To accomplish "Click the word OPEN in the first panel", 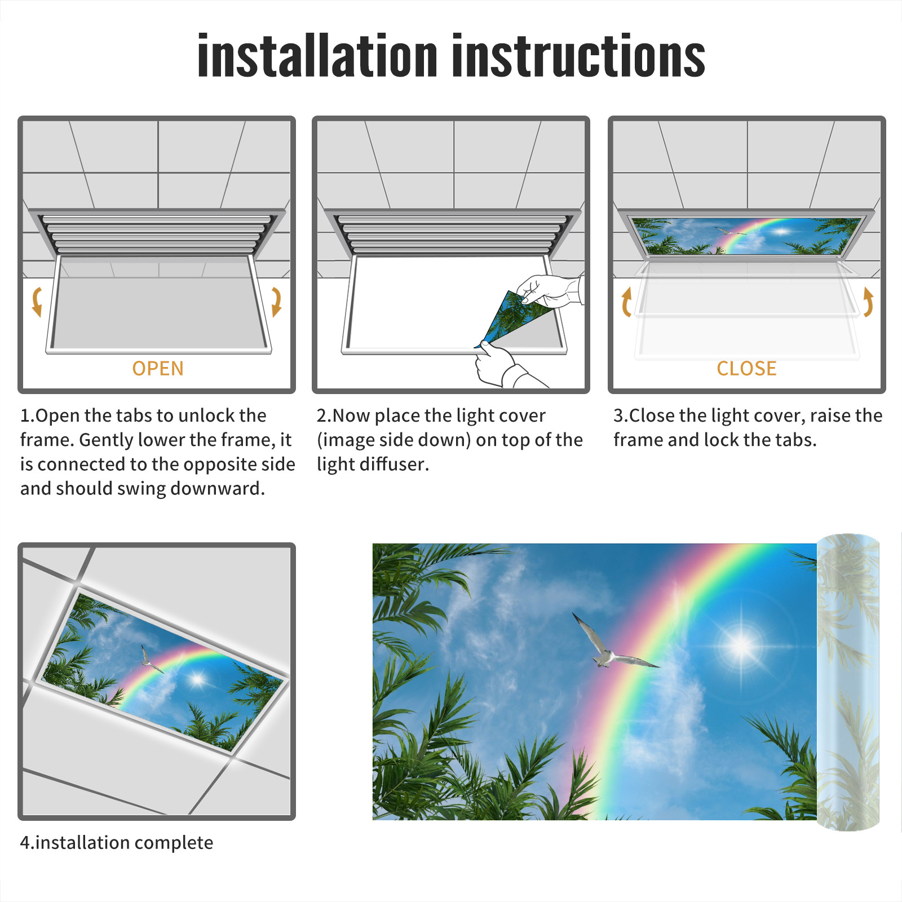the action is tap(158, 369).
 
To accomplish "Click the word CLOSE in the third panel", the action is tap(746, 369).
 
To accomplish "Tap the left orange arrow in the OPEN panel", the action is tap(37, 302).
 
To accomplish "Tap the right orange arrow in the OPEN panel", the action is tap(276, 302).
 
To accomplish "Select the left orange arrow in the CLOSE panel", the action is tap(626, 302).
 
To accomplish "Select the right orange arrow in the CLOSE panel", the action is tap(868, 302).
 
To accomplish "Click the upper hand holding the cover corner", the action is tap(550, 291).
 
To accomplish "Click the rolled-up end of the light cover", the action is tap(848, 682).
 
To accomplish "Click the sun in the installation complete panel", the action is tap(197, 679).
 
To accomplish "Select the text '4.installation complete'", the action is tap(117, 843).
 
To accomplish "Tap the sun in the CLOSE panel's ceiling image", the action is tap(781, 231).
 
